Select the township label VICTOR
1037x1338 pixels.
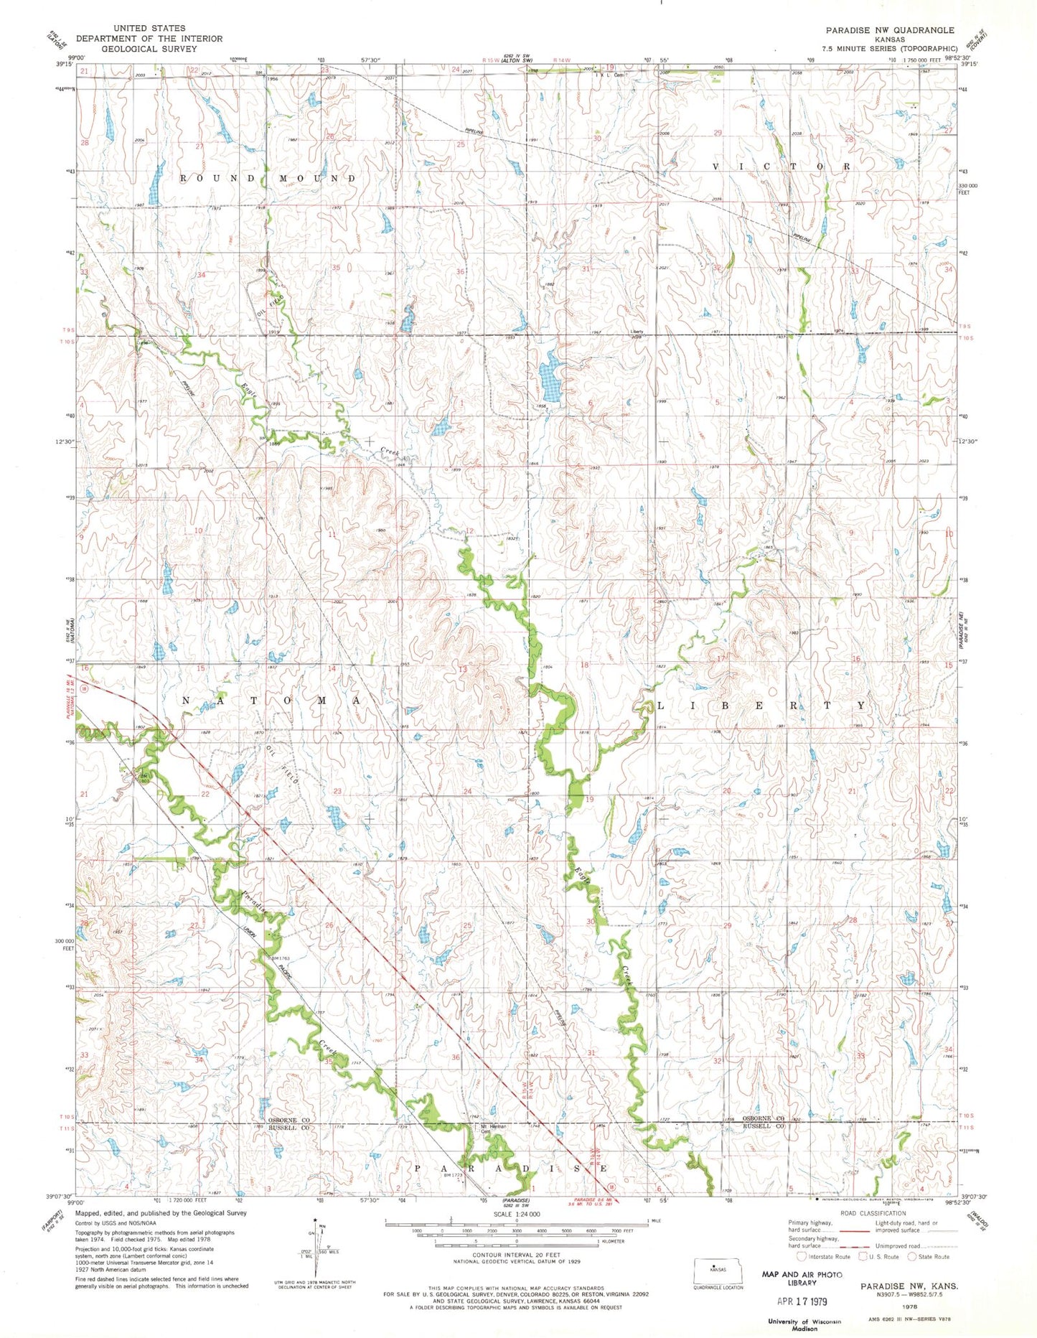click(x=781, y=167)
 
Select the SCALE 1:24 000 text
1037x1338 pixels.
click(x=516, y=1213)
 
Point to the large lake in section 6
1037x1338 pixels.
click(x=551, y=383)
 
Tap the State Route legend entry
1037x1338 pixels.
click(x=929, y=1256)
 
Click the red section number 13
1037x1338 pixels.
click(x=463, y=669)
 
